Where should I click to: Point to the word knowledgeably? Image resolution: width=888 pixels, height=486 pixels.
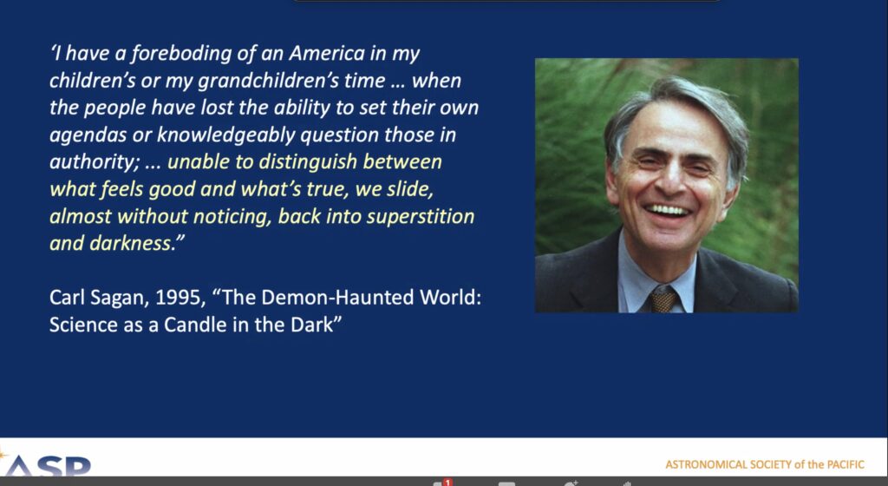coord(225,135)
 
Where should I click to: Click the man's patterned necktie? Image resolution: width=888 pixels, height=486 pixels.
coord(663,299)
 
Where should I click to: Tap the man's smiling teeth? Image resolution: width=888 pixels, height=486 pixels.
coord(669,210)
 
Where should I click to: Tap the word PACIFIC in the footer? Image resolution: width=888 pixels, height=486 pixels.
coord(846,465)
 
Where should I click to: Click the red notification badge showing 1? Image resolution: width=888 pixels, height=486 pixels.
coord(448,483)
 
